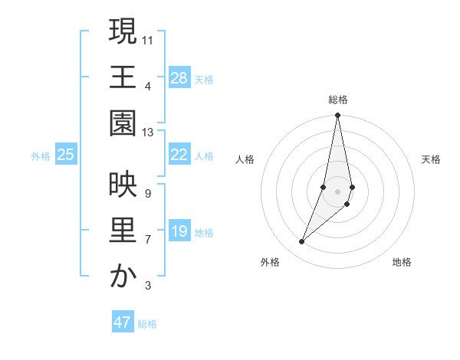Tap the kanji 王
click(123, 77)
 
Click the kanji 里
click(123, 231)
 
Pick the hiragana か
click(123, 277)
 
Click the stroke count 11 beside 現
click(148, 39)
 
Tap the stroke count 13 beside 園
click(148, 133)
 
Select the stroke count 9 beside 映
click(147, 193)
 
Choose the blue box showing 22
click(179, 155)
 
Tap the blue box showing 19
click(179, 231)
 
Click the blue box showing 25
click(65, 155)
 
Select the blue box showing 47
click(123, 322)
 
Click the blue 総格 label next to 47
click(147, 324)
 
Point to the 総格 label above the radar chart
click(337, 100)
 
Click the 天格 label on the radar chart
click(431, 159)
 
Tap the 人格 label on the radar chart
click(245, 159)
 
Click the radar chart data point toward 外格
click(301, 241)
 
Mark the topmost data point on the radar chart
click(337, 116)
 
